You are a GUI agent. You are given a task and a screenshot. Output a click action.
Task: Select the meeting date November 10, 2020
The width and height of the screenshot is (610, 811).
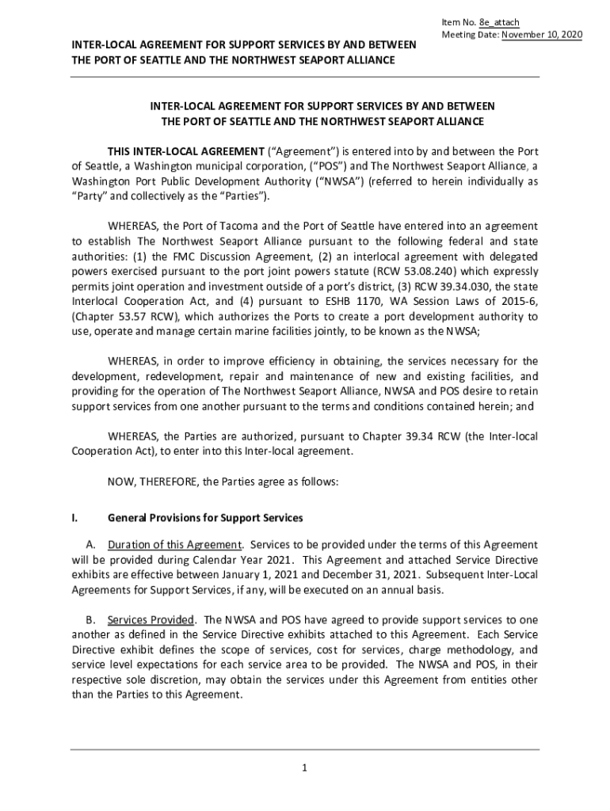coord(541,36)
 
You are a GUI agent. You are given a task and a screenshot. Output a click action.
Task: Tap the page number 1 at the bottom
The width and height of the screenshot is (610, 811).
coord(305,767)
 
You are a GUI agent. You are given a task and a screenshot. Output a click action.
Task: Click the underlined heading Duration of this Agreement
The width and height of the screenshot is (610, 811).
coord(175,545)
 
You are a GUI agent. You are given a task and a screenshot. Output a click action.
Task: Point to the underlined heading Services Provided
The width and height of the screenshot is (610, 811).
coord(151,619)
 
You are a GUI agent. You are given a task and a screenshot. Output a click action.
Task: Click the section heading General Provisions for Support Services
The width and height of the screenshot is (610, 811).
coord(205,518)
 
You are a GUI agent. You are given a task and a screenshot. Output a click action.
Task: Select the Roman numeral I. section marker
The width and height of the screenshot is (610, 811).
coord(74,518)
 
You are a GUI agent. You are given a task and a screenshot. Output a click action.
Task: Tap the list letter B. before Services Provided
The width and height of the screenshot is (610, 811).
coord(90,619)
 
